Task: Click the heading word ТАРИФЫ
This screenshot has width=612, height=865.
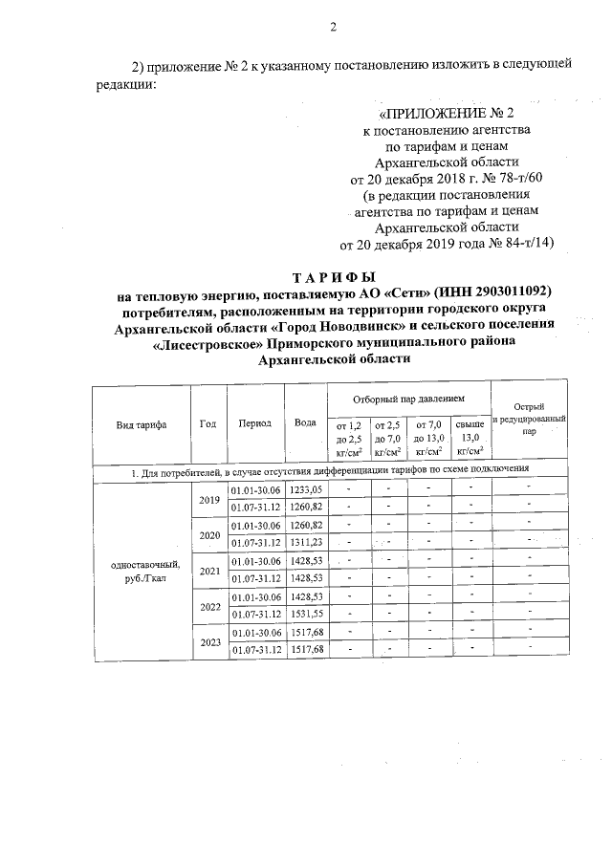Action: (335, 276)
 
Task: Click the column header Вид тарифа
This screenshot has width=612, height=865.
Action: (141, 423)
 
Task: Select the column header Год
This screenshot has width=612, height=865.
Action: (208, 423)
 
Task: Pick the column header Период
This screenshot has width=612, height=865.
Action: (255, 423)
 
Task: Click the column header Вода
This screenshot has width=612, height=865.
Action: (306, 423)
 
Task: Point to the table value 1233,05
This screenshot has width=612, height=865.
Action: (306, 488)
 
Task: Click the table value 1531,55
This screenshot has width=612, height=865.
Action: (306, 614)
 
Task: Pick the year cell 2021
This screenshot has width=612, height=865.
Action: (208, 570)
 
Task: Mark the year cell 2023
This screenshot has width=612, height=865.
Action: (208, 641)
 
